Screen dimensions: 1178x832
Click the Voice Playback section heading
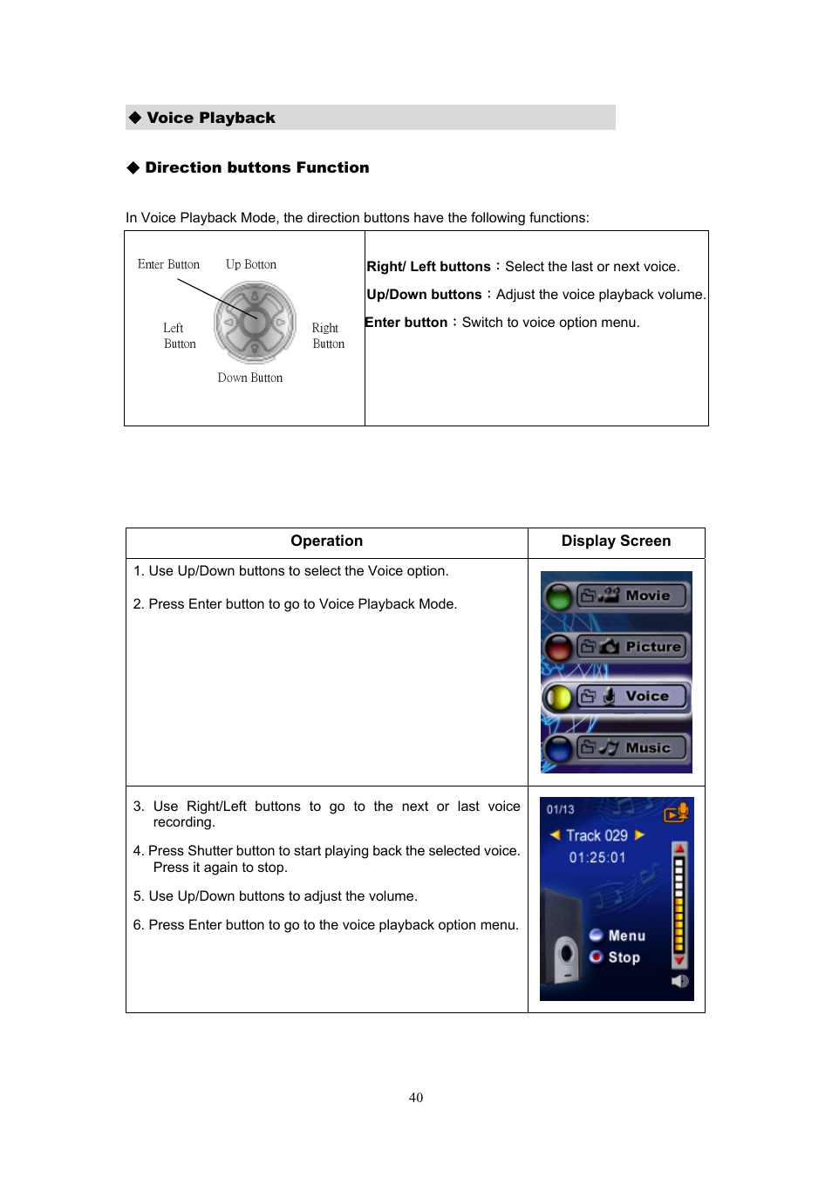coord(210,118)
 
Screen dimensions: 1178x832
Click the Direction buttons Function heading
coord(256,167)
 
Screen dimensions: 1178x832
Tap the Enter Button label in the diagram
coord(168,264)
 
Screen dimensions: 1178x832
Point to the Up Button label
coord(251,264)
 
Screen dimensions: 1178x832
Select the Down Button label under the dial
coord(250,378)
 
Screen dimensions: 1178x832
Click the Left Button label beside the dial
coord(179,336)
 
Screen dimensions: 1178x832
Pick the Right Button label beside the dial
coord(328,336)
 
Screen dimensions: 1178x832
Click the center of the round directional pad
coord(255,322)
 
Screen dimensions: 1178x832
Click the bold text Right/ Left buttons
coord(428,267)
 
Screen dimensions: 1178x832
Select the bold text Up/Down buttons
coord(424,295)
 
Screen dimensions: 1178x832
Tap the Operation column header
coord(326,541)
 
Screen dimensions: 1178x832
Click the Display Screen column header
coord(616,541)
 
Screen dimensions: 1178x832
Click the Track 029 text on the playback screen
coord(597,835)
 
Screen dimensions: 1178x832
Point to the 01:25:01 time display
coord(597,857)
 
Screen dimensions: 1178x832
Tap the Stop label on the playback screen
coord(624,957)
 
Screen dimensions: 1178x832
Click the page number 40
coord(416,1098)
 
